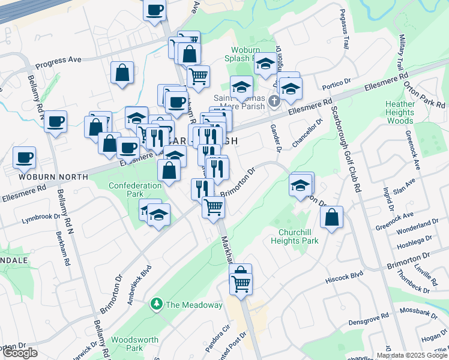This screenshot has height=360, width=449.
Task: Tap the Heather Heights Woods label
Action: click(400, 112)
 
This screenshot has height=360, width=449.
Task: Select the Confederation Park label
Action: click(134, 190)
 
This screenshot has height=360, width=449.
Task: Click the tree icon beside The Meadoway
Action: click(157, 304)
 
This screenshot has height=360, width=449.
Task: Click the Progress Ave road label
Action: click(58, 62)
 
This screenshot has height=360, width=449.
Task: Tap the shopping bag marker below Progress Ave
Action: click(122, 73)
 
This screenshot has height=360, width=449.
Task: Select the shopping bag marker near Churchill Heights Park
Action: click(331, 218)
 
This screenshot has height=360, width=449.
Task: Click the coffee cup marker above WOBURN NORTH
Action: click(25, 157)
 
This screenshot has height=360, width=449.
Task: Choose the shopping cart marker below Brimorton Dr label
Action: click(214, 207)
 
